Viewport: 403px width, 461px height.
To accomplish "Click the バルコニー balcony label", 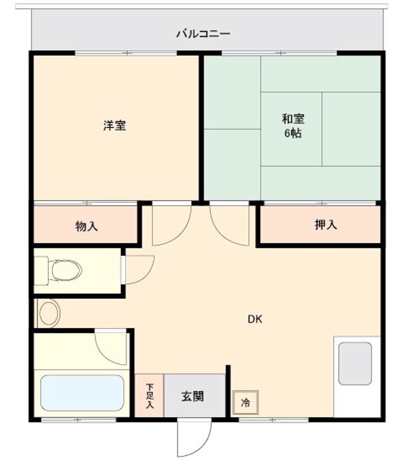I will [x=203, y=33].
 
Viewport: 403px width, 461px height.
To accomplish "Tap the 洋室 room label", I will [x=115, y=125].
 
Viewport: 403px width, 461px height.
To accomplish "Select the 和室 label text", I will [x=292, y=119].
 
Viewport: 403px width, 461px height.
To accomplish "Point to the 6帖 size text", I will [x=292, y=134].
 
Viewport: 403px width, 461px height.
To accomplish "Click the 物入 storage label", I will [x=86, y=226].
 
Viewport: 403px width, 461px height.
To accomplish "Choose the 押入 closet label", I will [x=325, y=225].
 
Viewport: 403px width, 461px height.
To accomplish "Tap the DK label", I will [x=255, y=319].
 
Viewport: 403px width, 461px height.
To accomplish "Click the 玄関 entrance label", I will [x=193, y=396].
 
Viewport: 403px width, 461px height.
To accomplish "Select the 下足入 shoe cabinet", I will [x=149, y=396].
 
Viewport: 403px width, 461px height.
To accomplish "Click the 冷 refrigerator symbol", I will [x=245, y=402].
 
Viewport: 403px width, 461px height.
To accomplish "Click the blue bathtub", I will [x=82, y=393].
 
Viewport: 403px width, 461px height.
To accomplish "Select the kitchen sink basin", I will [x=355, y=364].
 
